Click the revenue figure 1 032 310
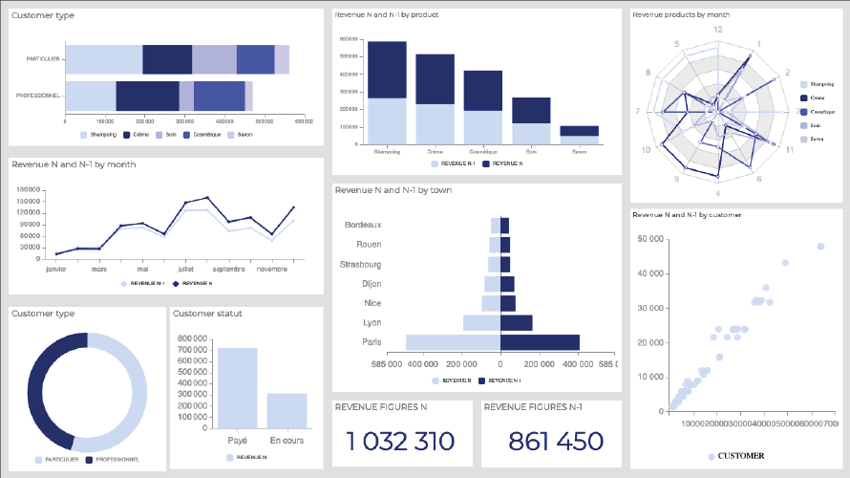pos(401,441)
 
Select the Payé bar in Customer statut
pos(237,388)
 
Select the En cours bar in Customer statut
pos(287,411)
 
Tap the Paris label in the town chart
pos(372,342)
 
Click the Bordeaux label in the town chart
pos(363,225)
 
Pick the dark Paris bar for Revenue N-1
pos(540,342)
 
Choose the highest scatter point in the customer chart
pos(820,246)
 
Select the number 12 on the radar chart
pos(716,30)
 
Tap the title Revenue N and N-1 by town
pos(393,190)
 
